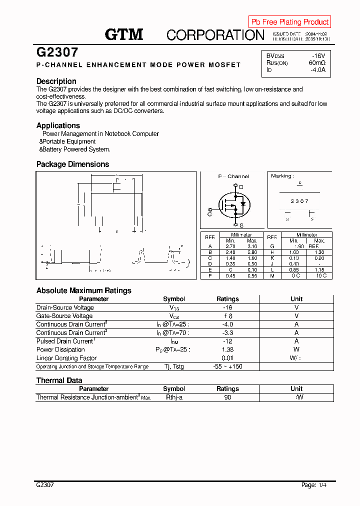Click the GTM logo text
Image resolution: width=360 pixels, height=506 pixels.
tap(124, 34)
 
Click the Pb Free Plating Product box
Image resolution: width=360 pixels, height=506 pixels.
tap(289, 22)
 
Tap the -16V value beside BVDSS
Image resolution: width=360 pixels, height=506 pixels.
tap(318, 55)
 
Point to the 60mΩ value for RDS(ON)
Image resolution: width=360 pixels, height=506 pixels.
tap(317, 63)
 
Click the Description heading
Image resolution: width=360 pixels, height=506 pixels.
tap(56, 81)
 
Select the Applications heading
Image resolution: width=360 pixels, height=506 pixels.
tap(58, 125)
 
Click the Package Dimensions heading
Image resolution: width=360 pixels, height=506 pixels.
tap(72, 164)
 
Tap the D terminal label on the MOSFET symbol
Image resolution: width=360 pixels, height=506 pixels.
tap(241, 187)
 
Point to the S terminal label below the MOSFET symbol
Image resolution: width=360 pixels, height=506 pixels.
tap(241, 225)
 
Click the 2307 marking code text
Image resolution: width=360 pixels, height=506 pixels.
tap(299, 201)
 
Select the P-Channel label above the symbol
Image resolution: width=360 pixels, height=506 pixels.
tap(233, 176)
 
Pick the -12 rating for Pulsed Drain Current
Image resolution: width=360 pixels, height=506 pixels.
tap(227, 341)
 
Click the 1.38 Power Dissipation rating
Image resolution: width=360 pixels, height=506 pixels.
tap(227, 349)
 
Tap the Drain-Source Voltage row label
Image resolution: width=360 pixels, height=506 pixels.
tap(65, 307)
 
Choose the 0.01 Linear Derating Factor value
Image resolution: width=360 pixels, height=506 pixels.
tap(227, 358)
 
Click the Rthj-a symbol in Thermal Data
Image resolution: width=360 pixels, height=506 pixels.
tap(174, 397)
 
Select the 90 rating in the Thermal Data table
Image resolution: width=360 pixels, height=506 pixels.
tap(227, 397)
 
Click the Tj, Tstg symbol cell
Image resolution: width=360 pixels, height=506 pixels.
tap(174, 366)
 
